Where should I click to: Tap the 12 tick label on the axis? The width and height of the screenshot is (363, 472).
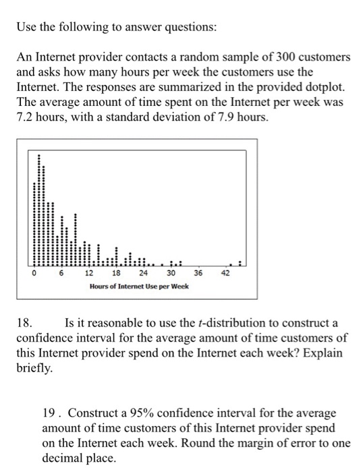click(x=89, y=273)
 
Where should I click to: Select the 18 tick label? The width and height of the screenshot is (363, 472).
click(x=116, y=273)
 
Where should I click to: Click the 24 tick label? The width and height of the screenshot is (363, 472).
click(x=143, y=273)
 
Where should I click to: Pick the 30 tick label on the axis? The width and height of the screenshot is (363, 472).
click(x=171, y=273)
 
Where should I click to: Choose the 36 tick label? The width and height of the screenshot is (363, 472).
click(x=198, y=273)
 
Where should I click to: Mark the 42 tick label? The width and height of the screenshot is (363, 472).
click(x=225, y=273)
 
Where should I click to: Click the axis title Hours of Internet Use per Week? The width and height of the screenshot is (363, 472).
click(x=139, y=287)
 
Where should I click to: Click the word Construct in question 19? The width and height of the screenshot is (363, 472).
click(x=92, y=412)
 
